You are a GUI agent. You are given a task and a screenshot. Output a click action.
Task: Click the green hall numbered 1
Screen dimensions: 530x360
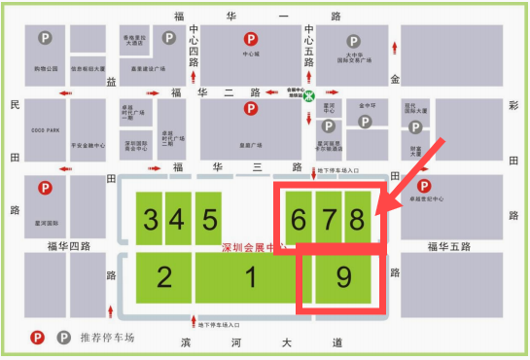pyautogui.click(x=250, y=278)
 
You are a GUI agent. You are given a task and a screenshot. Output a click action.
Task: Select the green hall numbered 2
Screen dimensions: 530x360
pyautogui.click(x=163, y=278)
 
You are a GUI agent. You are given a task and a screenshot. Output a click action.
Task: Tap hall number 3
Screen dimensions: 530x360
pyautogui.click(x=150, y=218)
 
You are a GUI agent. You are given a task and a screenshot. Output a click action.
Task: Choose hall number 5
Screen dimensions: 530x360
pyautogui.click(x=209, y=218)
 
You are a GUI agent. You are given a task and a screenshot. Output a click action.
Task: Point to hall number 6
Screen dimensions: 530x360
pyautogui.click(x=298, y=218)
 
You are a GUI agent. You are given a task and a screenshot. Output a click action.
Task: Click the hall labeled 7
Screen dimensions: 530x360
pyautogui.click(x=328, y=218)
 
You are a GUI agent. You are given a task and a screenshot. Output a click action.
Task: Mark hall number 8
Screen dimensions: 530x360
pyautogui.click(x=357, y=218)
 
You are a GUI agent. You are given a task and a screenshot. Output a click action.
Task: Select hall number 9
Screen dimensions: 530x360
pyautogui.click(x=343, y=278)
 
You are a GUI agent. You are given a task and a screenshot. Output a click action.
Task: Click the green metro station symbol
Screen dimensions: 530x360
pyautogui.click(x=308, y=97)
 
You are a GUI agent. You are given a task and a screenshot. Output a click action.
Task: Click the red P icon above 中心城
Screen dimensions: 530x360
pyautogui.click(x=252, y=40)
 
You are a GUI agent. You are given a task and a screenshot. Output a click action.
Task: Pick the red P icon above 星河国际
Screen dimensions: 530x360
pyautogui.click(x=43, y=187)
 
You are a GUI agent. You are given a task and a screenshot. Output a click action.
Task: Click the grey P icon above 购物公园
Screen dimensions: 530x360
pyautogui.click(x=45, y=39)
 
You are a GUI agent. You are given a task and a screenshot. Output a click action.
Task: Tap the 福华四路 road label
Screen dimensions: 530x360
pyautogui.click(x=68, y=246)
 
